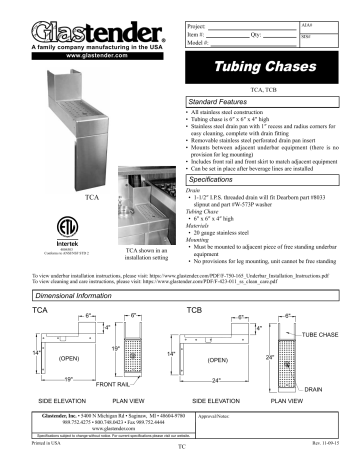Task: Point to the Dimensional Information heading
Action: (82, 299)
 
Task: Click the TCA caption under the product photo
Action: (92, 199)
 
